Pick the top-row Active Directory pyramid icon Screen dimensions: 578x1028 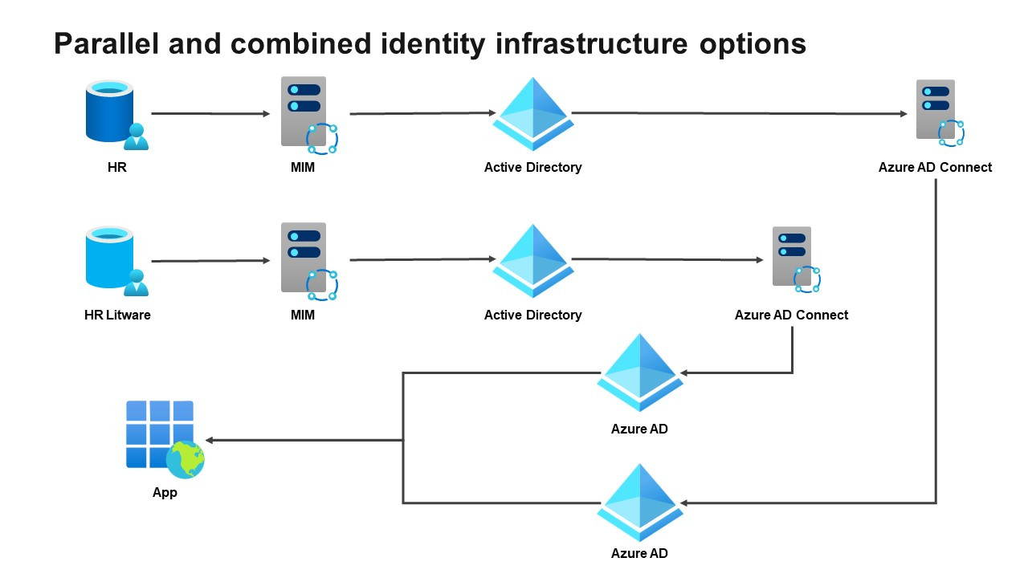click(532, 113)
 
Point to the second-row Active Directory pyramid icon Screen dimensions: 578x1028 click(532, 260)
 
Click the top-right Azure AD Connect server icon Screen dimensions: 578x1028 click(936, 111)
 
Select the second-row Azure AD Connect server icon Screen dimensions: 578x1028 click(792, 257)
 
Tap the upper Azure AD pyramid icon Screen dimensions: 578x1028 click(639, 371)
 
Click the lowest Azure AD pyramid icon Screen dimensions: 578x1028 click(639, 502)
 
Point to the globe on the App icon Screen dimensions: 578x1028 click(186, 460)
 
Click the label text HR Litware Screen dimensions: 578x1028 click(117, 315)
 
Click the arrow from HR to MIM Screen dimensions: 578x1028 click(210, 114)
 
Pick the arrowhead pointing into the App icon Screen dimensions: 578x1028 click(210, 440)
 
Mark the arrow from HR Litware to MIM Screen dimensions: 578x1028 click(210, 261)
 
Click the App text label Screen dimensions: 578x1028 click(165, 492)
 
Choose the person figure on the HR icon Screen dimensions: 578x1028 click(136, 137)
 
